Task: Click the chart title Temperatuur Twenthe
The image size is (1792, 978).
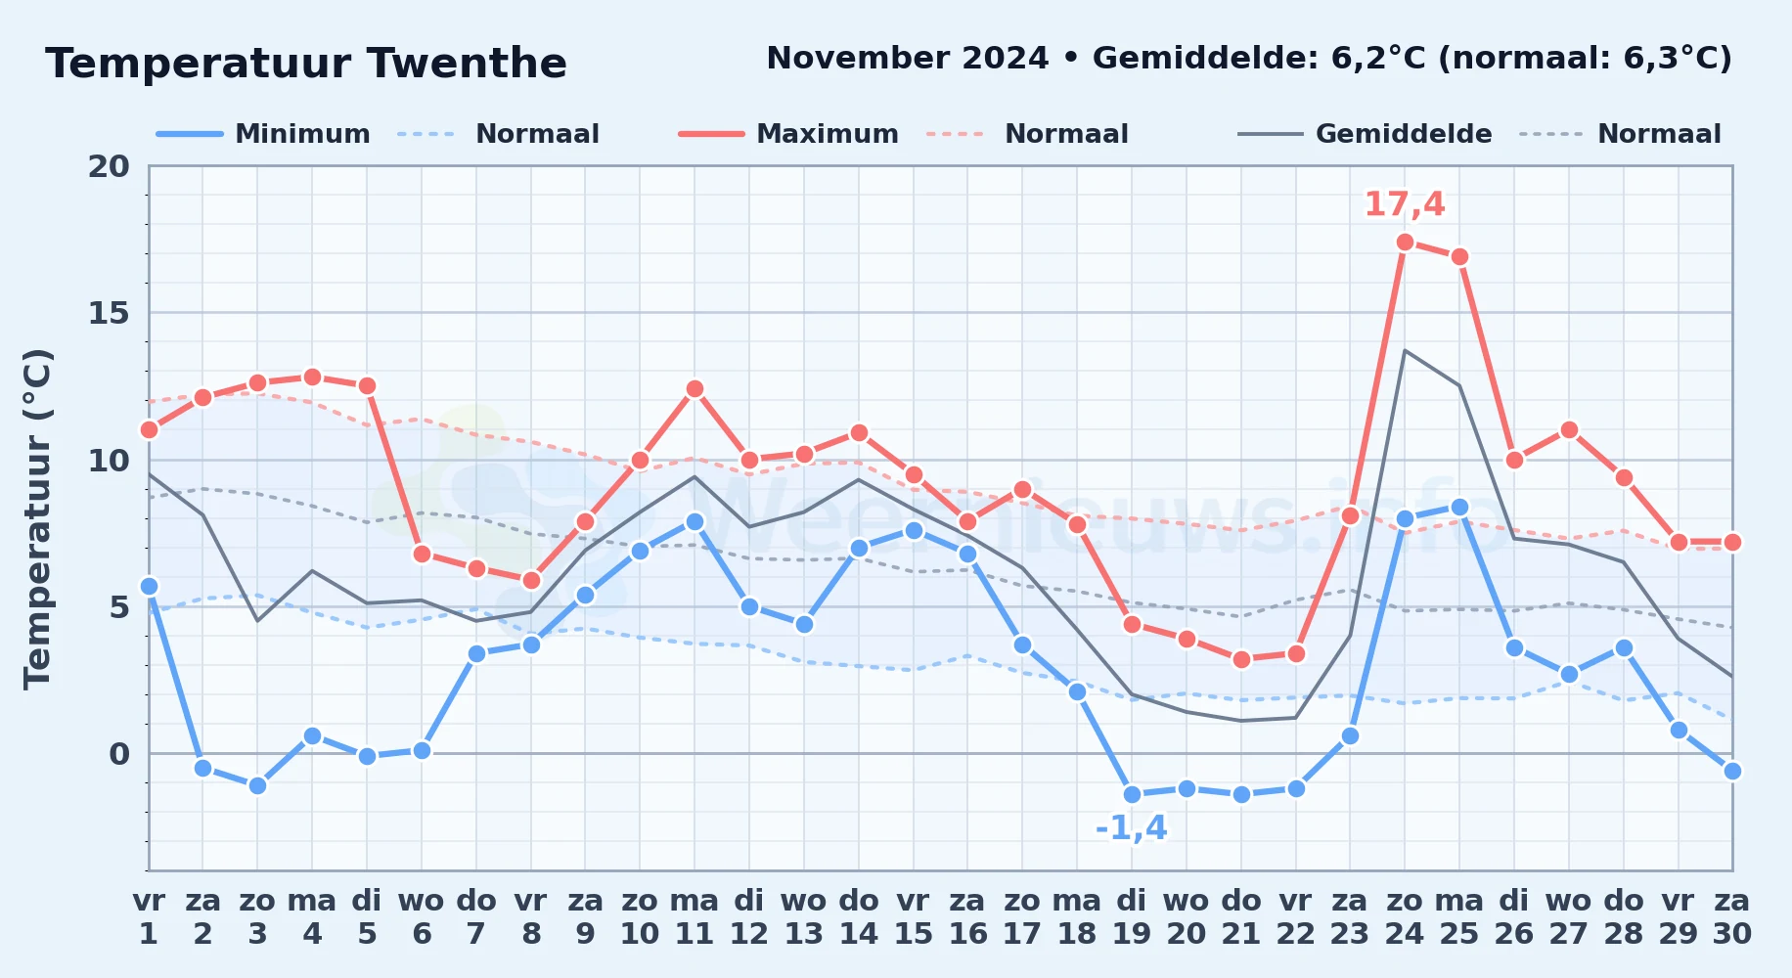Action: coord(306,64)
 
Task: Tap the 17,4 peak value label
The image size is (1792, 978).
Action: coord(1405,204)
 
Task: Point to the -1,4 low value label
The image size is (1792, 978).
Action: coord(1132,828)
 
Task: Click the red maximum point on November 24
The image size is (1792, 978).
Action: coord(1405,242)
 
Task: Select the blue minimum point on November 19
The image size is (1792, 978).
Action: coord(1132,794)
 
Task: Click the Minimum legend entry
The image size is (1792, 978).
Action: coord(263,134)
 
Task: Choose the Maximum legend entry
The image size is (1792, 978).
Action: coord(788,134)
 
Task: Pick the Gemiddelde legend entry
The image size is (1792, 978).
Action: coord(1365,134)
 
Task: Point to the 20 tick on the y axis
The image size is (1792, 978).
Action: coord(109,166)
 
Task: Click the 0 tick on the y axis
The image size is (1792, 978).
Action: coord(119,754)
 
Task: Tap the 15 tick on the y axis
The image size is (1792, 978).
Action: coord(109,313)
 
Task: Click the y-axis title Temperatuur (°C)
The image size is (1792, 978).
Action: coord(37,518)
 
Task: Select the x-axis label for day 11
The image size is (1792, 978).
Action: coord(694,917)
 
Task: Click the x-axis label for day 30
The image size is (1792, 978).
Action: coord(1731,917)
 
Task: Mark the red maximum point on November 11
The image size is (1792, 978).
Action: coord(694,388)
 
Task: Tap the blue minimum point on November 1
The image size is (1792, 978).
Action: coord(149,586)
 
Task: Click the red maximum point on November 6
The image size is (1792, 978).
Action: coord(422,554)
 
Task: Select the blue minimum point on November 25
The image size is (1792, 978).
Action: coord(1459,507)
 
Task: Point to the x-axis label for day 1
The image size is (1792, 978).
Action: coord(149,917)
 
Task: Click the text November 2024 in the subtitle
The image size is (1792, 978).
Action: coord(908,59)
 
